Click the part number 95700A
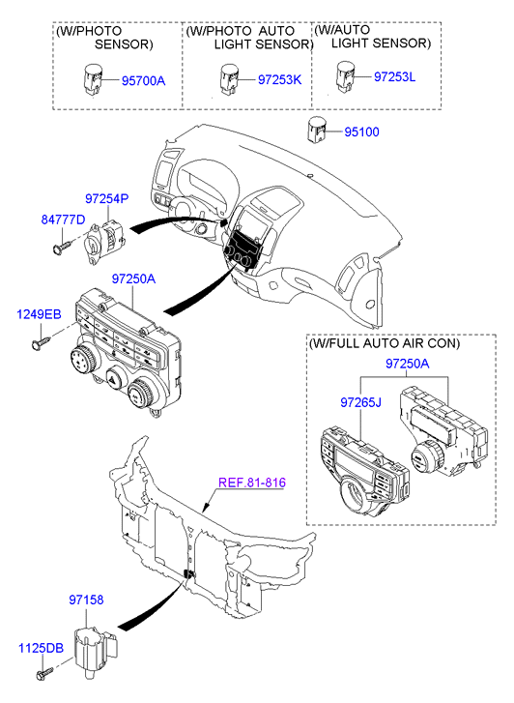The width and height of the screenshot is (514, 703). point(143,80)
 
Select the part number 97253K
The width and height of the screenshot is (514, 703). point(279,80)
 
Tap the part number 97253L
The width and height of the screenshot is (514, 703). point(395,76)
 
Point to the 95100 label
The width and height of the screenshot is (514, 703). point(361,132)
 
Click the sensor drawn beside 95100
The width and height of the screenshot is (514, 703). point(317,130)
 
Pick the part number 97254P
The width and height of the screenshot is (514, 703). point(107,198)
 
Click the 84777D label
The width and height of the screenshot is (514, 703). point(63,220)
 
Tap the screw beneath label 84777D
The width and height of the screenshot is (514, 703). point(62,247)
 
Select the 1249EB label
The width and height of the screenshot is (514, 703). point(39,314)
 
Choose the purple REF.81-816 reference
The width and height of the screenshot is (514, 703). point(252,483)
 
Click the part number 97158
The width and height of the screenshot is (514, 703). point(86,600)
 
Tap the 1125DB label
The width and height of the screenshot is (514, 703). point(41,648)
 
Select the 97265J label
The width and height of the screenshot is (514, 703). point(360,402)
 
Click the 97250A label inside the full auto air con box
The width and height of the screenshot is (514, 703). point(408,364)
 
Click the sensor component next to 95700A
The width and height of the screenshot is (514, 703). point(93,80)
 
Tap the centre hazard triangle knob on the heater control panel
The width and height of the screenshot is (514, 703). point(114,379)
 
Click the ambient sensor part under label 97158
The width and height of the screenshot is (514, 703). point(95,648)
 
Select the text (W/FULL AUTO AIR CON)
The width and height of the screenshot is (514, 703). point(385,343)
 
